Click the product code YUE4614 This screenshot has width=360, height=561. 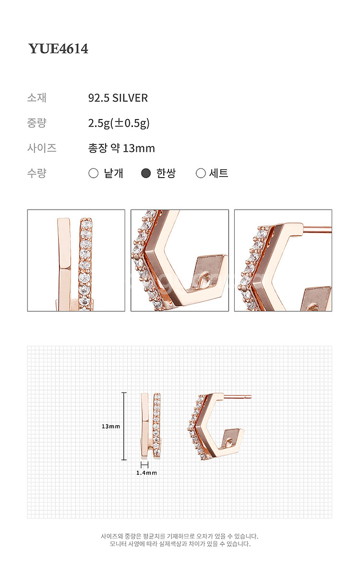(x=59, y=48)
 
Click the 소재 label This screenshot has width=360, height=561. (x=37, y=98)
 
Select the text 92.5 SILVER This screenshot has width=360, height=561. (x=118, y=98)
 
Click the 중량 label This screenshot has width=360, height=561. (x=37, y=123)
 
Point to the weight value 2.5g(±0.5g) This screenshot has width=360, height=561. (x=119, y=123)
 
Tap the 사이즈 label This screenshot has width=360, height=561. (x=42, y=148)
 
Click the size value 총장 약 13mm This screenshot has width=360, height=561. (x=121, y=148)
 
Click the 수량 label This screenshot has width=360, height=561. (x=37, y=173)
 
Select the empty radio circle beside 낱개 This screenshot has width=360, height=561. (x=94, y=173)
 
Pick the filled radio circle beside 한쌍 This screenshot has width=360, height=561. (x=145, y=173)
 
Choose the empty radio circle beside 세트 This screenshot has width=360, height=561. (x=201, y=173)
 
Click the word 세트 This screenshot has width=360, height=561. (x=219, y=173)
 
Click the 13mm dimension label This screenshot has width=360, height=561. (x=111, y=427)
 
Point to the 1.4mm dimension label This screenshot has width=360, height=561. (x=146, y=473)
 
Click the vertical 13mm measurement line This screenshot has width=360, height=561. (x=124, y=426)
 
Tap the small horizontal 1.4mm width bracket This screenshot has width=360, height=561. (x=144, y=465)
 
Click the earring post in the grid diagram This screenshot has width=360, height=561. (x=238, y=396)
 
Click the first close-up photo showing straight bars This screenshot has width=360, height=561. (x=76, y=261)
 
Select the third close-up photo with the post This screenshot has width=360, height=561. (x=283, y=261)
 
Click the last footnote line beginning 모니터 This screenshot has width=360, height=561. (x=180, y=544)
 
